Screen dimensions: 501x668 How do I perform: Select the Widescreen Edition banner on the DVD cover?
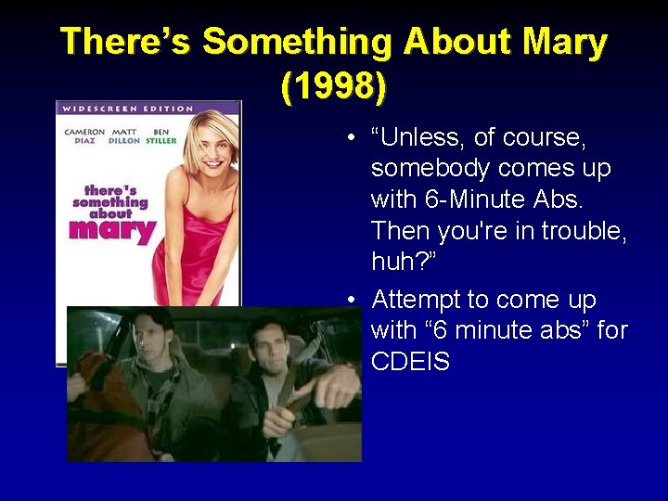[127, 109]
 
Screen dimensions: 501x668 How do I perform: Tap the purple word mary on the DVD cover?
[111, 228]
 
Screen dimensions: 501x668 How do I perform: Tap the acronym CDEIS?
[410, 361]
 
